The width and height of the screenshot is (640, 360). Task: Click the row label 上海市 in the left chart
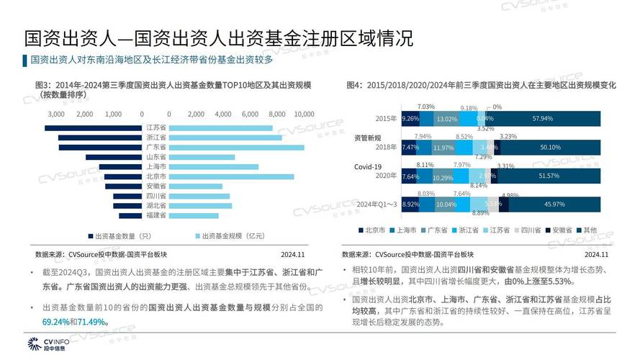point(156,166)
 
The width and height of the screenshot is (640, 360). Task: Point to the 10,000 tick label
point(305,114)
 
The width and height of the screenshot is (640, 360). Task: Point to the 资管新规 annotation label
point(366,136)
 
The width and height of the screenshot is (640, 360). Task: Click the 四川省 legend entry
point(531,230)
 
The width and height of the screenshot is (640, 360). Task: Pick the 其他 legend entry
point(589,230)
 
